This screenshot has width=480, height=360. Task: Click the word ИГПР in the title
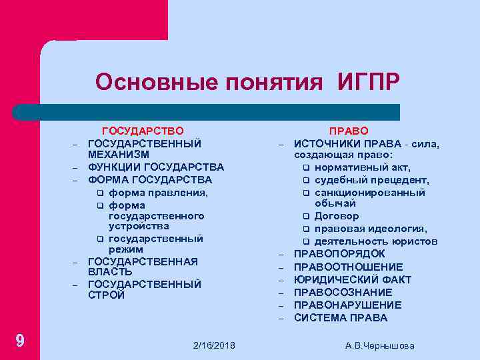369,82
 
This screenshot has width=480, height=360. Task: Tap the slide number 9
20,341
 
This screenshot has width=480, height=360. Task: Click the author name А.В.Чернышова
380,345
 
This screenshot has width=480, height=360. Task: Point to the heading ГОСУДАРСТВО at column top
142,131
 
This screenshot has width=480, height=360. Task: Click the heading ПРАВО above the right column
349,131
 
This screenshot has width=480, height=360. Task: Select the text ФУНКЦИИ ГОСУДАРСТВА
156,167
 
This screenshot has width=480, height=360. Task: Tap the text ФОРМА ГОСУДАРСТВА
150,179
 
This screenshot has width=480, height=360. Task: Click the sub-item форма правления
158,192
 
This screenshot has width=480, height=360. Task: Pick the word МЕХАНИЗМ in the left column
119,155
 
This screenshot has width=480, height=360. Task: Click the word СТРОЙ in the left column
106,295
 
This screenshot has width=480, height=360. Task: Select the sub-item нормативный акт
363,167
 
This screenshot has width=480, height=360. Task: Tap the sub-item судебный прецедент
372,180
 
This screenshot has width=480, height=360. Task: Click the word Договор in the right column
337,216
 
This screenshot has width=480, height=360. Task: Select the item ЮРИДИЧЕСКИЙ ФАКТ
353,280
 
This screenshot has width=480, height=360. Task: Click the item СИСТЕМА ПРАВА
341,318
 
